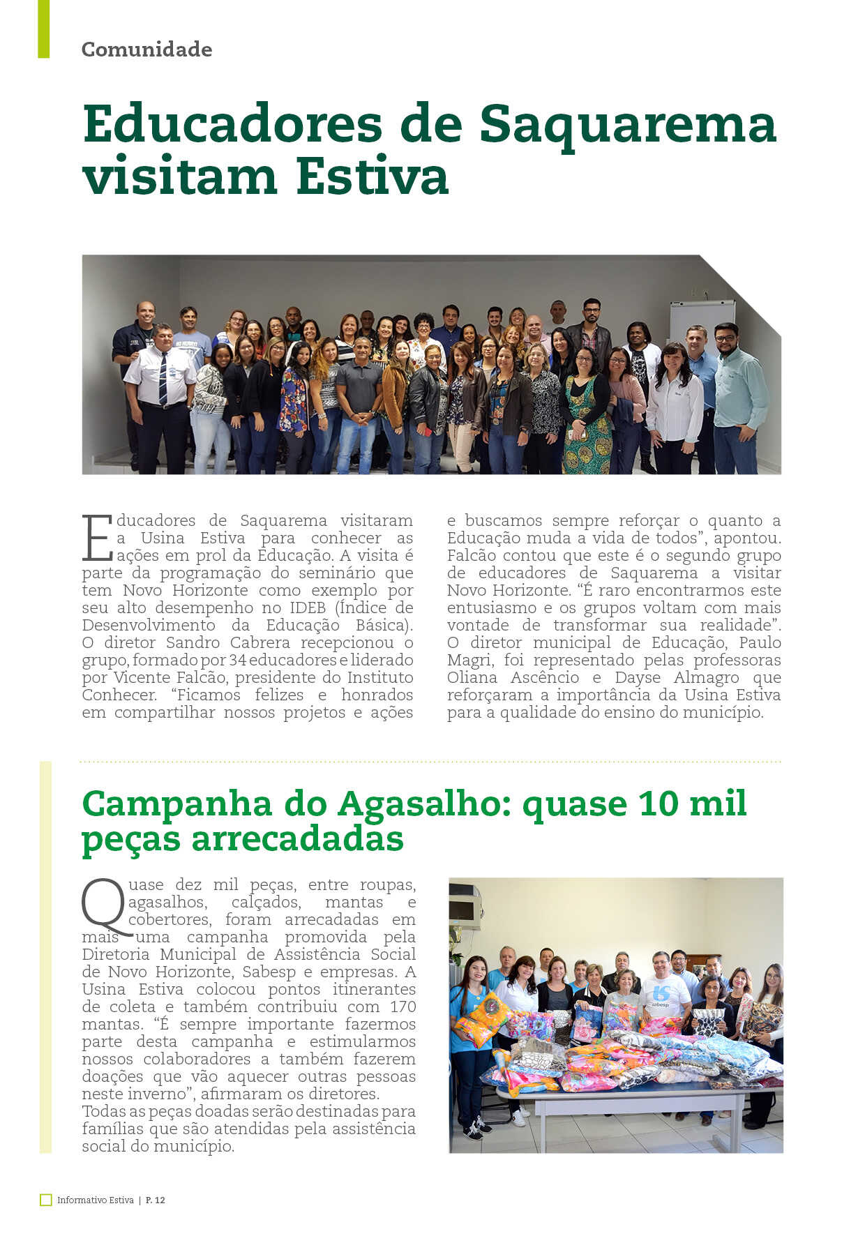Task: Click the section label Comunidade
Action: coord(146,50)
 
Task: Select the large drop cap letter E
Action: coord(96,538)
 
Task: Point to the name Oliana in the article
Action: coord(472,678)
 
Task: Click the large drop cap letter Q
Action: coord(105,907)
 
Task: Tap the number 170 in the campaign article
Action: coord(403,1007)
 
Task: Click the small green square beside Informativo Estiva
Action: coord(46,1200)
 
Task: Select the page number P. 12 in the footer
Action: coord(156,1200)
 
